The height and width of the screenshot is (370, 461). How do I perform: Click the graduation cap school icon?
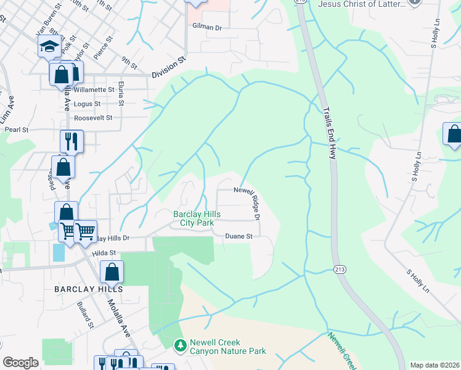49,47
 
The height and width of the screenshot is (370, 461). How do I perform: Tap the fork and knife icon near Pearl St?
71,141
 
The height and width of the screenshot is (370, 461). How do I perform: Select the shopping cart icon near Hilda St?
85,231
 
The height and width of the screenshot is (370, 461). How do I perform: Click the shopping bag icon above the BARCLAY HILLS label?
112,272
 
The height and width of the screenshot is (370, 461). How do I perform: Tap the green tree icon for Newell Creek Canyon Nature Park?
180,346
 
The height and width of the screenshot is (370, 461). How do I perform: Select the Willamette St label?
94,89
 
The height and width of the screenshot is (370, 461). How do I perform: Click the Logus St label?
87,104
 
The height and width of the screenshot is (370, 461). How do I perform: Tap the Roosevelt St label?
93,117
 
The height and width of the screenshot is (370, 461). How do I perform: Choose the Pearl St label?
17,130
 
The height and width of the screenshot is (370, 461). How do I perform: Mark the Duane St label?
239,236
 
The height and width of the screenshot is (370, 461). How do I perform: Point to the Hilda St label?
104,253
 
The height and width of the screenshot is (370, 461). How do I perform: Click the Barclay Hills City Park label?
196,218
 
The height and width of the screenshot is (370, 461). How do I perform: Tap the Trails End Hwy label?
328,133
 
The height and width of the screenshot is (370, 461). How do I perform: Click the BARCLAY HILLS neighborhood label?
88,289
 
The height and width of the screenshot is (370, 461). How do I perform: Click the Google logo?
20,362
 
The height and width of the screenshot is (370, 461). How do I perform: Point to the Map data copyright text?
434,365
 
